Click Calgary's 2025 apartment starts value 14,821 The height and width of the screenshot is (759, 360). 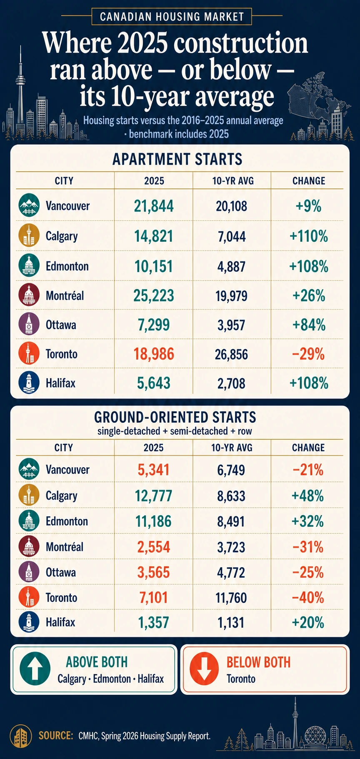[x=153, y=236]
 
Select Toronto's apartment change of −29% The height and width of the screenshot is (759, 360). [x=309, y=354]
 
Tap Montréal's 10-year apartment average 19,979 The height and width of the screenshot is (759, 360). [x=232, y=296]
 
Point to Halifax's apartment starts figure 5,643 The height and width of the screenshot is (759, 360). [x=153, y=383]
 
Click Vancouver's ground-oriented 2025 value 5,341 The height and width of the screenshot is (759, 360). [x=153, y=470]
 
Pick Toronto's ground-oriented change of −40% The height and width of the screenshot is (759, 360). [x=308, y=598]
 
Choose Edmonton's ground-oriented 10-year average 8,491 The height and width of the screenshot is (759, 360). [x=231, y=521]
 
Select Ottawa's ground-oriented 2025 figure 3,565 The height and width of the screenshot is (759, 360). [x=153, y=572]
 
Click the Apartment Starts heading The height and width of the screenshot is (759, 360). [x=177, y=159]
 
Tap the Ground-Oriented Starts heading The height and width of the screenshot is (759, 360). [x=175, y=417]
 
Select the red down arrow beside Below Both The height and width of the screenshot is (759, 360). [x=204, y=669]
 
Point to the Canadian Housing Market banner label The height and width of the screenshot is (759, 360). [x=172, y=17]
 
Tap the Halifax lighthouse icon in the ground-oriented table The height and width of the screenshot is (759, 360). [x=29, y=622]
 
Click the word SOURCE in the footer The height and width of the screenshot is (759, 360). [x=56, y=736]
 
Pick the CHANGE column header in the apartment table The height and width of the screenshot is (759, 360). [x=309, y=181]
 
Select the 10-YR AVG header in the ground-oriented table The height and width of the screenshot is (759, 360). [x=232, y=448]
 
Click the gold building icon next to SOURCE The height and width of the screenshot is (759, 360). [x=21, y=736]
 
